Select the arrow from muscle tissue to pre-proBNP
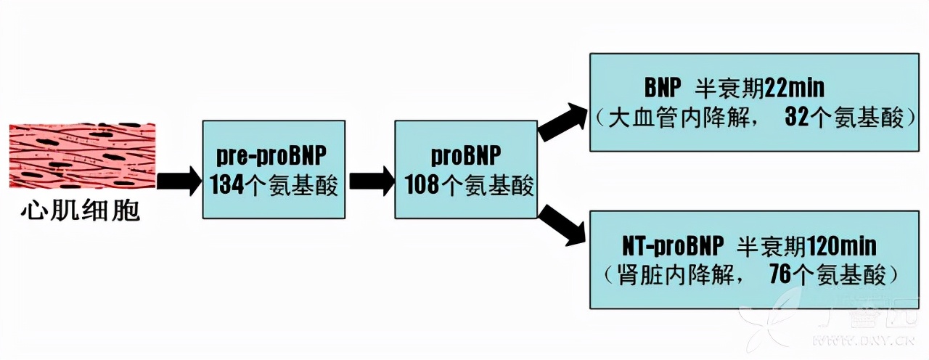(179, 181)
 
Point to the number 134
(226, 186)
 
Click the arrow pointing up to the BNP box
(563, 121)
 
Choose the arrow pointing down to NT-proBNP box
(563, 224)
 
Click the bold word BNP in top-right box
(663, 89)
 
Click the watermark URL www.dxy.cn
(856, 339)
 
